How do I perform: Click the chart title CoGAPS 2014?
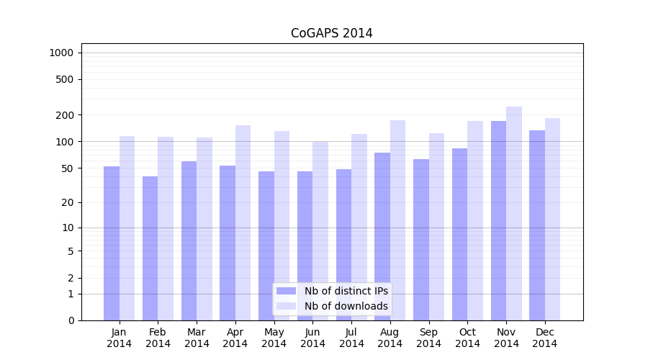(x=331, y=33)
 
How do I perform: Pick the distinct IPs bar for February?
(x=150, y=248)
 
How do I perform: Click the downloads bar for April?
(x=243, y=222)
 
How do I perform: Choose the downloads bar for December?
(x=553, y=219)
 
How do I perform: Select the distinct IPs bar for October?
(x=459, y=234)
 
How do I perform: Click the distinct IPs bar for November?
(x=498, y=220)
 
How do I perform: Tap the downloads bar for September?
(x=436, y=227)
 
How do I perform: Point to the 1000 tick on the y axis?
(x=61, y=53)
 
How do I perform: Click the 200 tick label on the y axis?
(x=64, y=115)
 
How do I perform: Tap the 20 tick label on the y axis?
(x=67, y=202)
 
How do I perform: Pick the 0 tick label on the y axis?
(x=71, y=320)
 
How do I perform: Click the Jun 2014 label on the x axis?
(x=312, y=338)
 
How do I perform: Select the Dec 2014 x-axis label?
(x=545, y=338)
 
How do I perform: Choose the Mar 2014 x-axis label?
(x=197, y=338)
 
